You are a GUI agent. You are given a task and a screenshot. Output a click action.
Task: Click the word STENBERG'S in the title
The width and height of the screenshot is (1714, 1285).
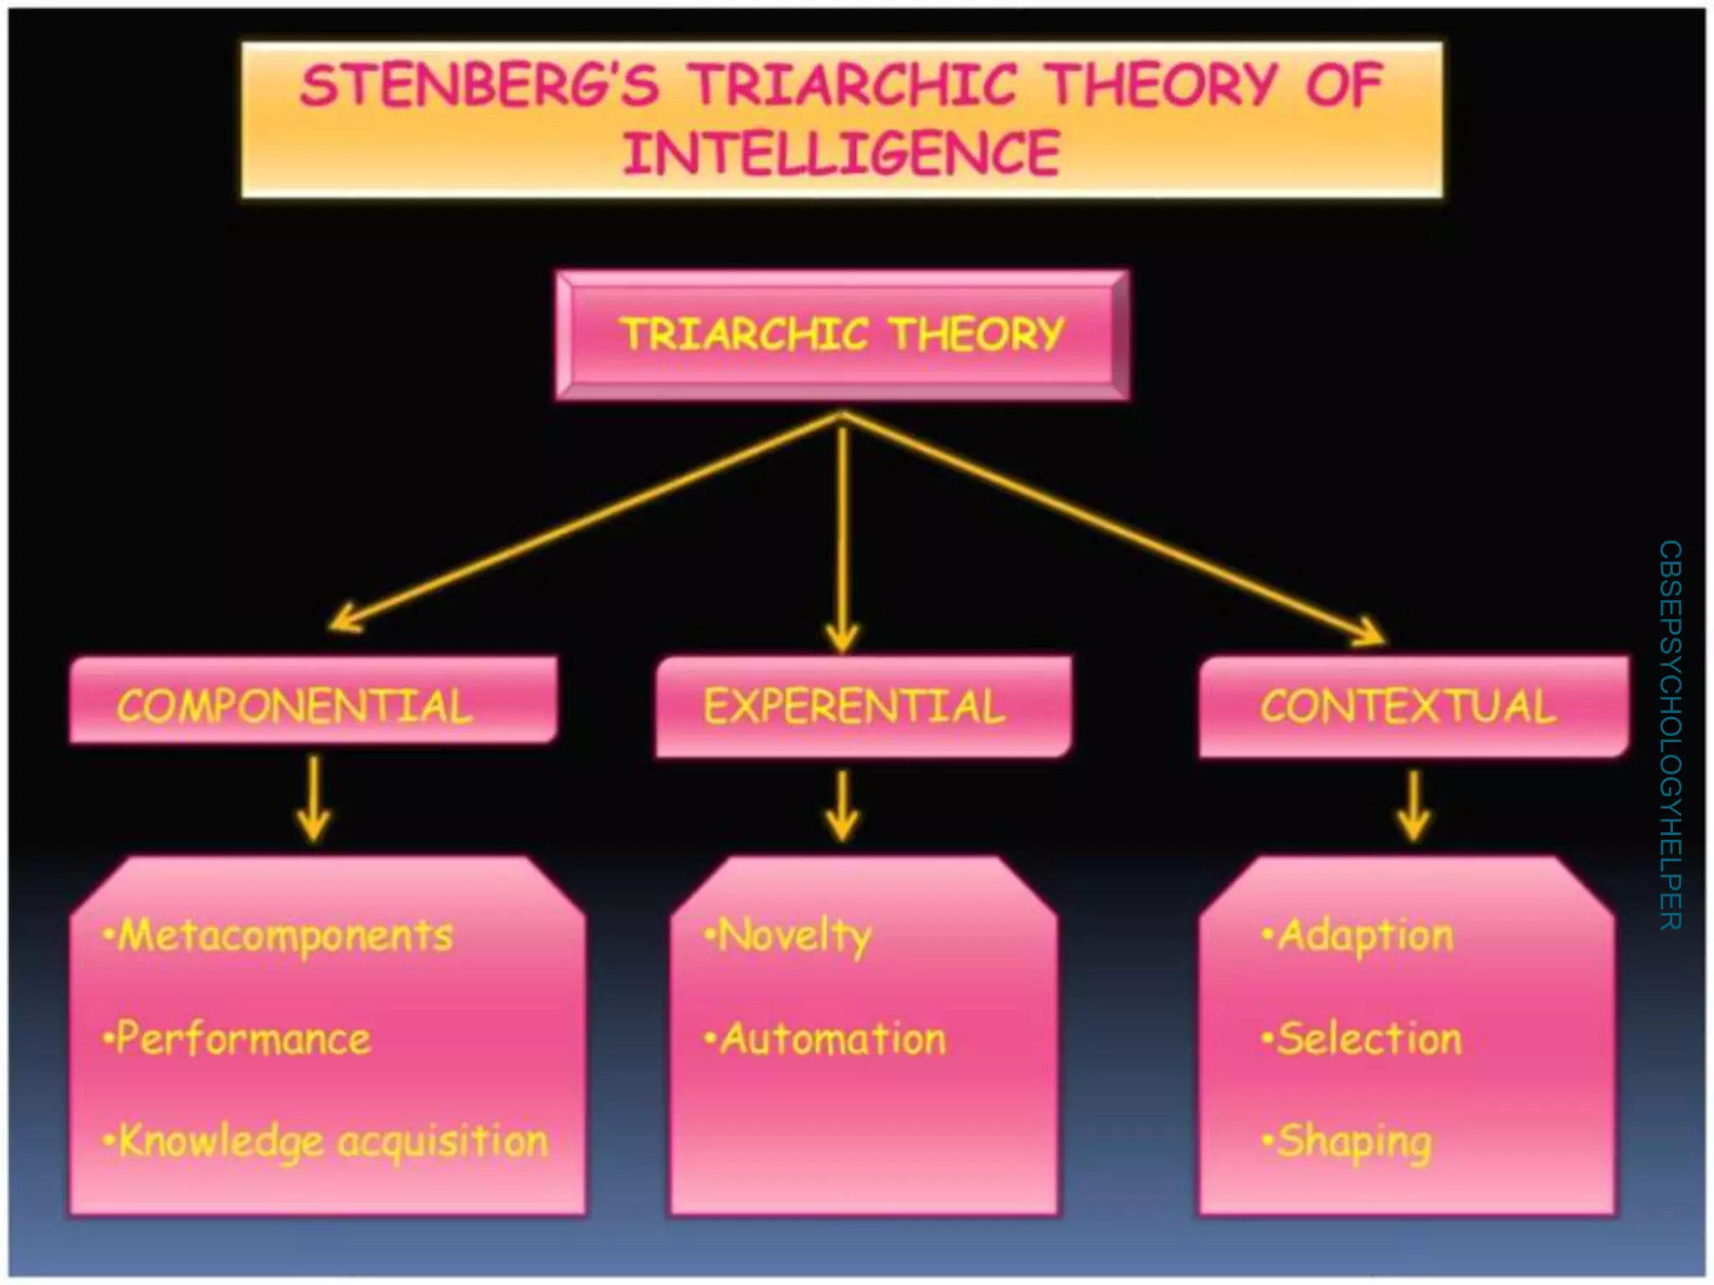click(479, 86)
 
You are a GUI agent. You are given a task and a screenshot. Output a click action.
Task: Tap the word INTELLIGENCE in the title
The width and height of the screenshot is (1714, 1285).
click(841, 154)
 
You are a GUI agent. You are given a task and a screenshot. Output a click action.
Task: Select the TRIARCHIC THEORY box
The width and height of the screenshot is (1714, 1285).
click(842, 335)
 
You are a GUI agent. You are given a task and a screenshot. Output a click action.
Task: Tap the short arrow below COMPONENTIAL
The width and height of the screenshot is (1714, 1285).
click(314, 799)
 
